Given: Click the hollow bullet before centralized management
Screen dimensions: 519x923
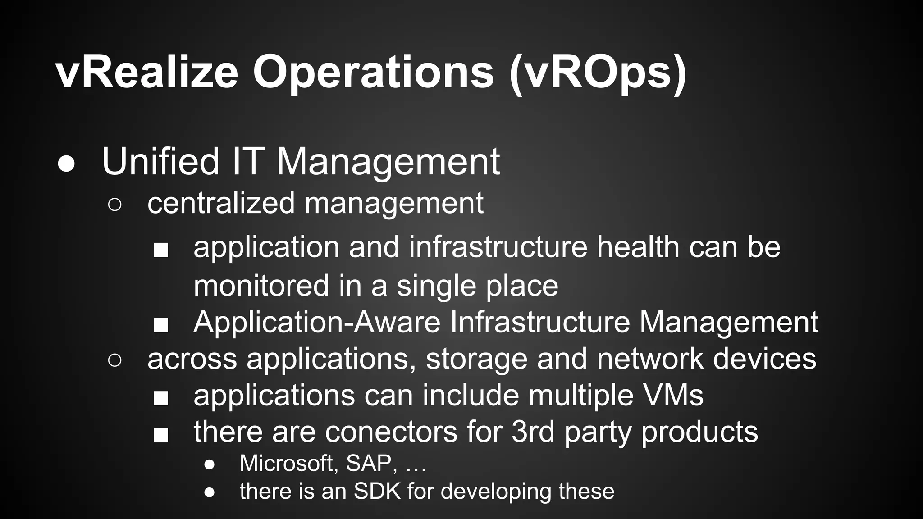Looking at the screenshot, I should click(114, 205).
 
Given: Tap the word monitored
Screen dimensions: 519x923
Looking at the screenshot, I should click(261, 286).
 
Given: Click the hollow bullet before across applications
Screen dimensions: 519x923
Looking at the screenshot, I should click(114, 360).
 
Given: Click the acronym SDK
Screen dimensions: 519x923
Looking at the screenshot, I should click(377, 491).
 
